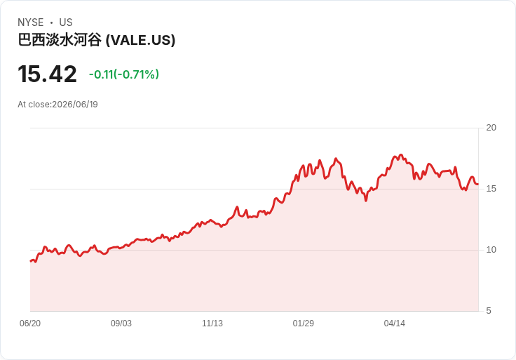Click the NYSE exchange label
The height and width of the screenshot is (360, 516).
tap(31, 22)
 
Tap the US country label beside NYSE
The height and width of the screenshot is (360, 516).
tap(66, 22)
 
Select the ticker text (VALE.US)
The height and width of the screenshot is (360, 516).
tap(140, 40)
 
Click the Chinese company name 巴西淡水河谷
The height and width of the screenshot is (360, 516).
tap(60, 40)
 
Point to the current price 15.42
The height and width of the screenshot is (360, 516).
tap(47, 74)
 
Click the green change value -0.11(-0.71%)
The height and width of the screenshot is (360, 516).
tap(124, 74)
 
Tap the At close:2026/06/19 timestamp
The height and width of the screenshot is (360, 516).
tap(57, 105)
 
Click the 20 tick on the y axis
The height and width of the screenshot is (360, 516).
tap(491, 128)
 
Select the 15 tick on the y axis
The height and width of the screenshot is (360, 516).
tap(491, 189)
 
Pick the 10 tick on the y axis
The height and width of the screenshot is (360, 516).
tap(491, 250)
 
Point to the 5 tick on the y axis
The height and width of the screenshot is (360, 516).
tap(489, 311)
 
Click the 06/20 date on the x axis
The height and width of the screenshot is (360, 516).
tap(30, 324)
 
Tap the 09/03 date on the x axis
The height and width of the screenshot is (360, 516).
tap(121, 324)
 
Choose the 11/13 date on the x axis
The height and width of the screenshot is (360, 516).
tap(212, 324)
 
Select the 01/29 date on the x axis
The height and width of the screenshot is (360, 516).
tap(304, 324)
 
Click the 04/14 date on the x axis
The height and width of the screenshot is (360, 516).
tap(394, 324)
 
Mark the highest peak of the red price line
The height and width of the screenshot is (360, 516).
tap(400, 154)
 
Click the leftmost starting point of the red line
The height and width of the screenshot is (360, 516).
tap(31, 261)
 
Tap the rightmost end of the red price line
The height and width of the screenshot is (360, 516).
tap(478, 185)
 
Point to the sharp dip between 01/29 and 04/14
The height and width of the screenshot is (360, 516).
tap(365, 200)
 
